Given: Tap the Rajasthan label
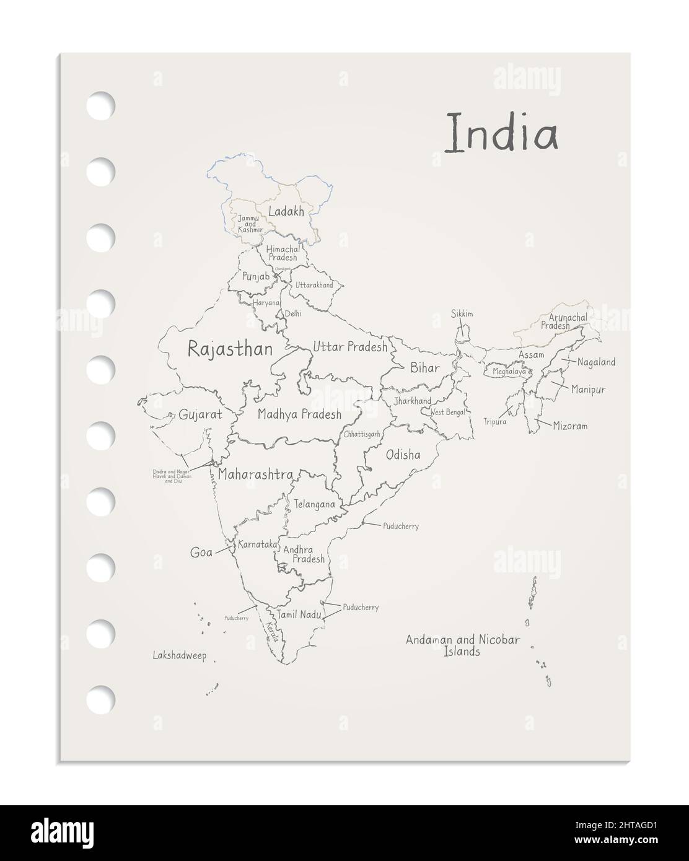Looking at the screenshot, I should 230,349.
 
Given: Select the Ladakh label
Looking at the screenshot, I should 286,212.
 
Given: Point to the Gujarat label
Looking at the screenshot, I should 200,415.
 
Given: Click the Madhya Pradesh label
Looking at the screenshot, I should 299,414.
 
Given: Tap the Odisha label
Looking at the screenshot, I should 403,455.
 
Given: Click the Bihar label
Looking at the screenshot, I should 424,368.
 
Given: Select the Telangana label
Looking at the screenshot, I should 314,504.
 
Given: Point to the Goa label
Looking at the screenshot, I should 201,553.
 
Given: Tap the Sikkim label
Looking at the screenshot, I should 462,314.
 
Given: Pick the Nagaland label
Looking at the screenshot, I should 596,362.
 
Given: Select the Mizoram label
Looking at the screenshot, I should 570,427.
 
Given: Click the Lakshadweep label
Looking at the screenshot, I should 179,655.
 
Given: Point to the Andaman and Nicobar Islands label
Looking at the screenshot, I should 462,645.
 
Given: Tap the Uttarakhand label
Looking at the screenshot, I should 314,285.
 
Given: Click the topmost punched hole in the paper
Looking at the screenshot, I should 101,105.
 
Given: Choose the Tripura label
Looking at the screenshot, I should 495,422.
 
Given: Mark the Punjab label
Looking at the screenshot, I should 256,276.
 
